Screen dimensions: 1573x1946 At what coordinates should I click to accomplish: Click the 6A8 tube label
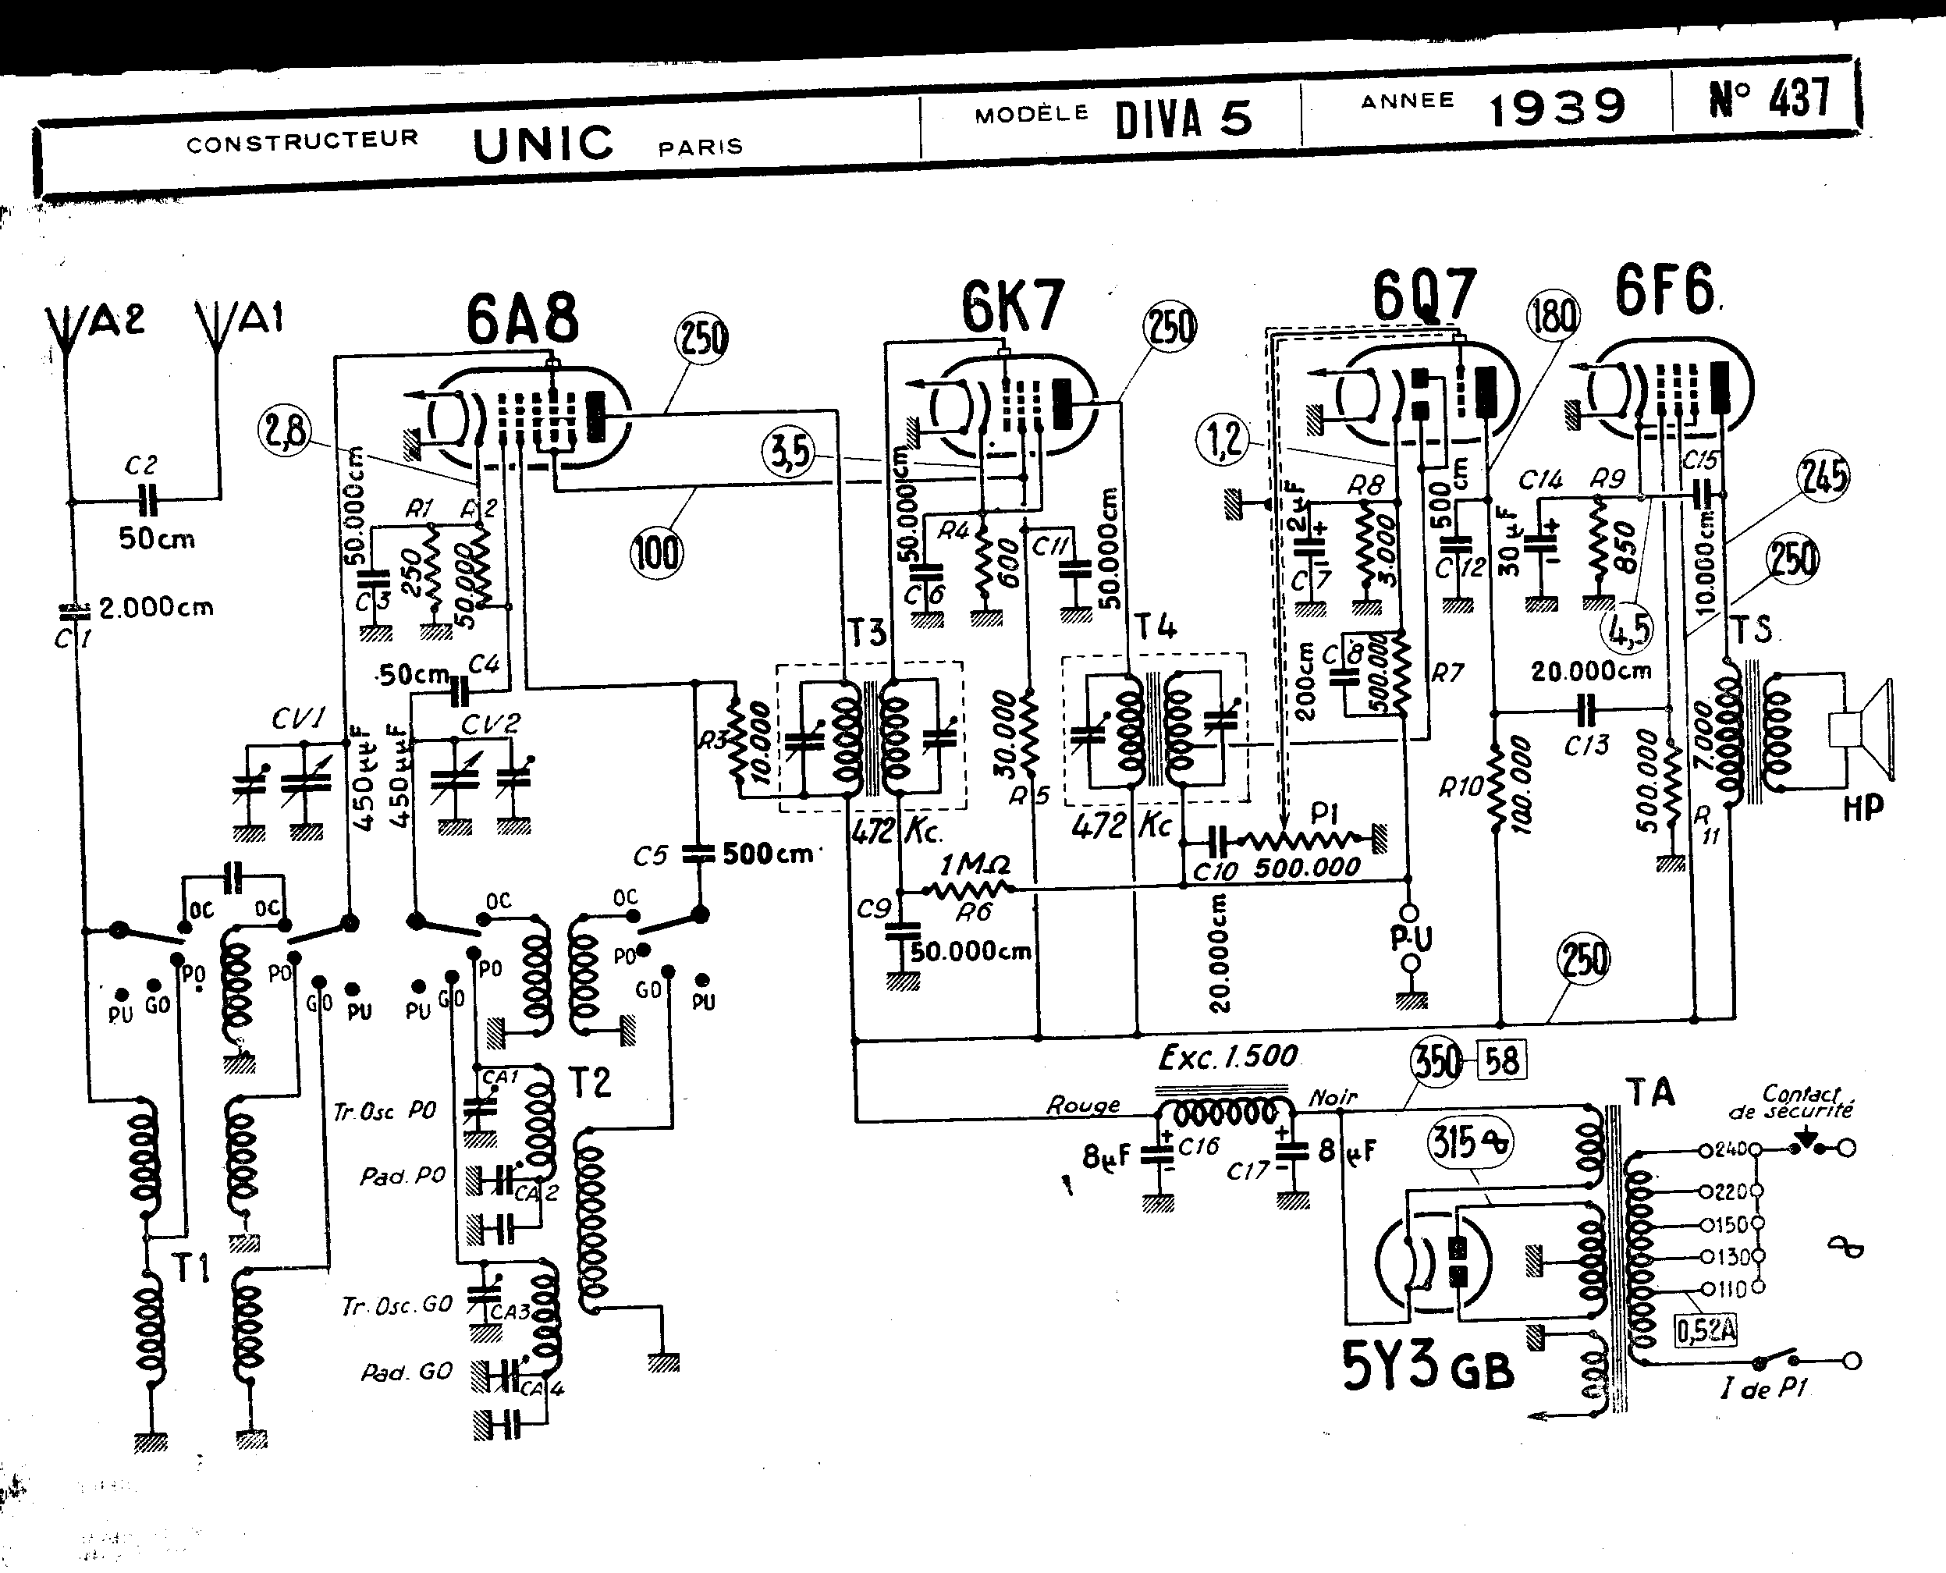tap(522, 319)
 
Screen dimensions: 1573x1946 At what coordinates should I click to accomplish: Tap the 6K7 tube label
tap(1012, 307)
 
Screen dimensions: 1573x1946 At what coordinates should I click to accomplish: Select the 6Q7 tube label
tap(1423, 294)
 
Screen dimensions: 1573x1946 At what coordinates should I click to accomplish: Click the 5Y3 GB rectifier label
tap(1427, 1369)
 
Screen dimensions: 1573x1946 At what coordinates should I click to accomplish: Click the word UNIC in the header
tap(542, 145)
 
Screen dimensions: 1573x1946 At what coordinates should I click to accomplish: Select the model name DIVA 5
tap(1183, 119)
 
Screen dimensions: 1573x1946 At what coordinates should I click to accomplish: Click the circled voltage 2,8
tap(283, 431)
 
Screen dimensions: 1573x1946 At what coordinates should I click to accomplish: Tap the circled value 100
tap(656, 552)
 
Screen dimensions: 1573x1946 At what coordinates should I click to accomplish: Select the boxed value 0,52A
tap(1705, 1330)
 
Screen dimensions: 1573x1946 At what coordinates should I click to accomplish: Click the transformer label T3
tap(866, 633)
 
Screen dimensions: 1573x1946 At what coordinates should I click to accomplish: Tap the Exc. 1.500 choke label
tap(1227, 1056)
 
